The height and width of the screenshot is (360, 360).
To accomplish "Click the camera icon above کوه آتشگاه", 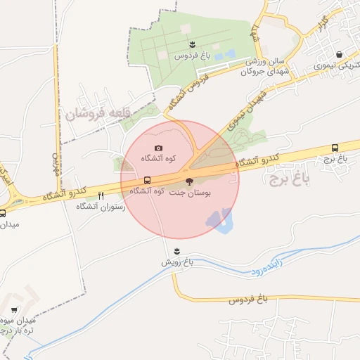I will click(158, 148).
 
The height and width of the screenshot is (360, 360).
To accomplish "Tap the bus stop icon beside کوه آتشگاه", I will click(147, 180).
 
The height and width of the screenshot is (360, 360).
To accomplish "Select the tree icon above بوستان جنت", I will click(188, 181).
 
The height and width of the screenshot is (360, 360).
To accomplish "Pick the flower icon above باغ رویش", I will click(177, 251).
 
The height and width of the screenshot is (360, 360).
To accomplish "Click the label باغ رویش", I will click(177, 262).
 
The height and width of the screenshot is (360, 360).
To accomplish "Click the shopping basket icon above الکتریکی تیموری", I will click(340, 54).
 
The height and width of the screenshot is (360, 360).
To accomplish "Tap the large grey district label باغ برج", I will click(289, 177).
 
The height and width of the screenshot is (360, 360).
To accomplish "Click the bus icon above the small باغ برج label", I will click(335, 148).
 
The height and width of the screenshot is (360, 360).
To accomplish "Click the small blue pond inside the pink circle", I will click(220, 220).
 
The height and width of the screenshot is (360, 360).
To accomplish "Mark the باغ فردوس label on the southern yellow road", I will click(250, 300).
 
